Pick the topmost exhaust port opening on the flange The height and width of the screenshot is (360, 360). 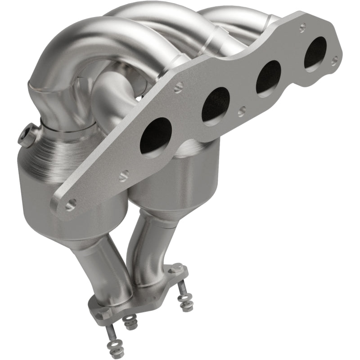[x=315, y=53]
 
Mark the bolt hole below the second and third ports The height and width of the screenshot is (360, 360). [x=242, y=110]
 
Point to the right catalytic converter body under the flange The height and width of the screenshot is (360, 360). [x=180, y=180]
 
